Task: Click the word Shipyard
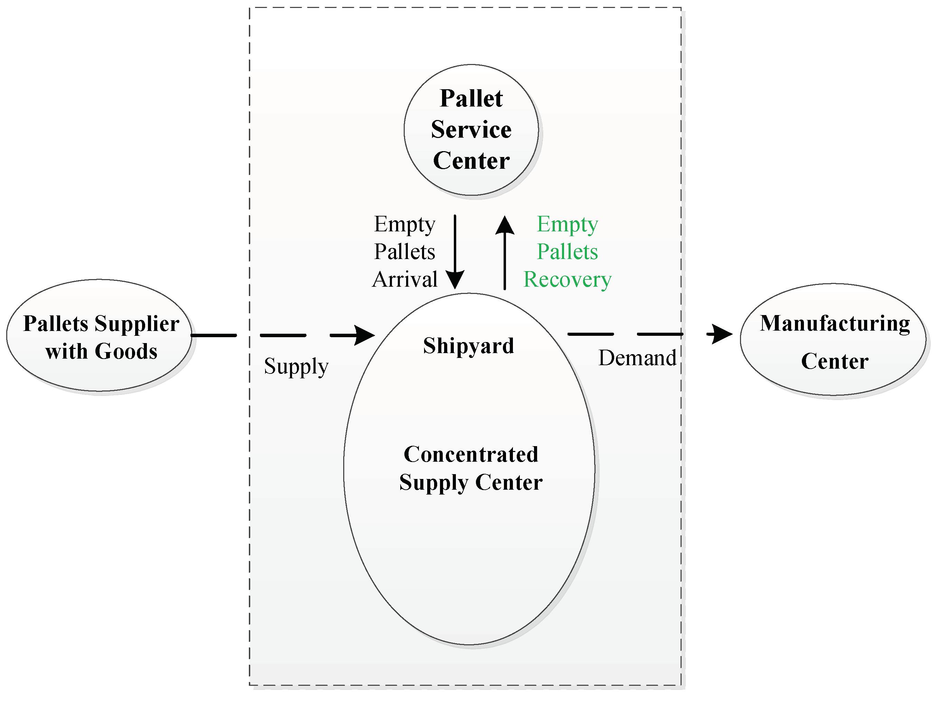469,346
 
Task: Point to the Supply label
296,367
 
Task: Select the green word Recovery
567,280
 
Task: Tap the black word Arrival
405,280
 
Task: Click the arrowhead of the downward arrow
455,280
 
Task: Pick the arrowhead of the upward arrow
505,225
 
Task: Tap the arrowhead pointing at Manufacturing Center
721,334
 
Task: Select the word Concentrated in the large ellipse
471,455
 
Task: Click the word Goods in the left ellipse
126,351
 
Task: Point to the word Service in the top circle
471,130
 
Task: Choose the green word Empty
567,224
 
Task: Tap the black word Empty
404,224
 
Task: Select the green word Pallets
567,252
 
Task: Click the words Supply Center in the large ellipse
471,483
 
